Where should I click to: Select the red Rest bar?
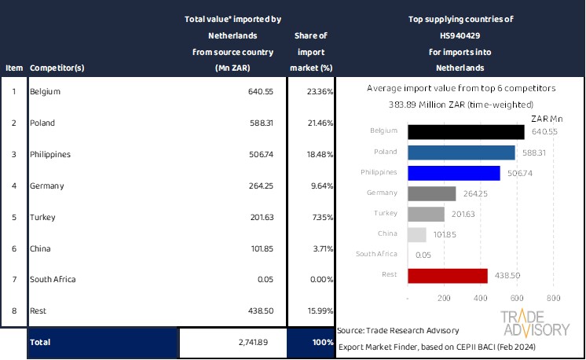448,275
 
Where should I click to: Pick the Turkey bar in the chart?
427,214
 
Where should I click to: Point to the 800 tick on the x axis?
553,299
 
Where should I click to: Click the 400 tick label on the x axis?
480,299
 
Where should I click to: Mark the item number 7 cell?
13,279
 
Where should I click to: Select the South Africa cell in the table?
53,279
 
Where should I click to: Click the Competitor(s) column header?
57,68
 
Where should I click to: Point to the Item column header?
13,68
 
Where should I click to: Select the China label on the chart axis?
386,233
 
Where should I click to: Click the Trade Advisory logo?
536,324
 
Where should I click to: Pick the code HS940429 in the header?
460,35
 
